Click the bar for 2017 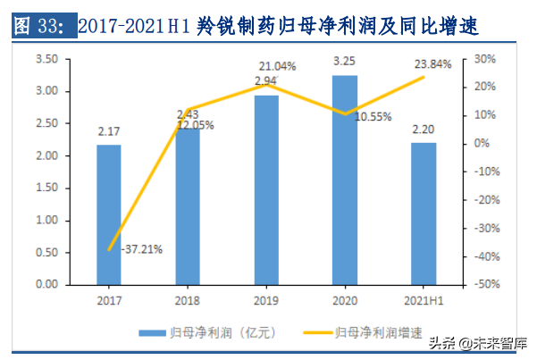(109, 214)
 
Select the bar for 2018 (188, 205)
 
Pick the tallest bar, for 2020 (345, 180)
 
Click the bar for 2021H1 (424, 213)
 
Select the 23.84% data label (432, 64)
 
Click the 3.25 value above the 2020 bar (345, 61)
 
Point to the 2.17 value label (109, 131)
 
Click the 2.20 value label (424, 130)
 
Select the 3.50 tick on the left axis (46, 59)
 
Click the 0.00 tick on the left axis (46, 284)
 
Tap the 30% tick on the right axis (484, 59)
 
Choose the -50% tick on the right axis (482, 284)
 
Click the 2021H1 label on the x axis (424, 302)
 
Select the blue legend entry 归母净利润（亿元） (214, 332)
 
